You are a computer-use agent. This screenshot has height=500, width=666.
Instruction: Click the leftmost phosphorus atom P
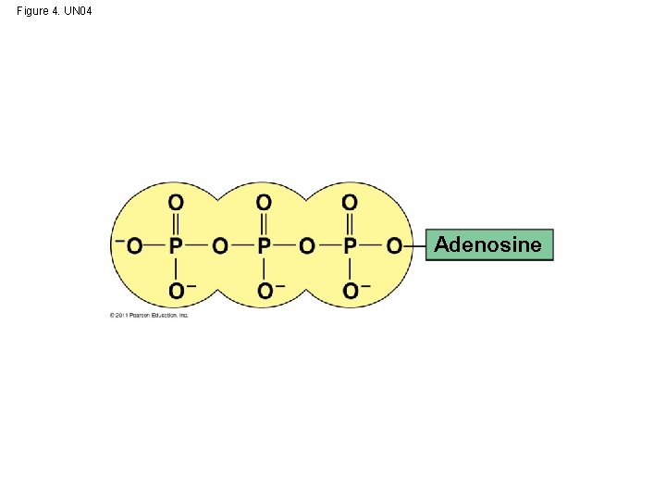coord(176,245)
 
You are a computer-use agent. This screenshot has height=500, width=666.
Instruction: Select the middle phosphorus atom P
coord(263,245)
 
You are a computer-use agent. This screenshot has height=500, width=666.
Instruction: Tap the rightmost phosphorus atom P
coord(350,245)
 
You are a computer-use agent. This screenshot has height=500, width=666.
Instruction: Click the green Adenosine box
coord(488,245)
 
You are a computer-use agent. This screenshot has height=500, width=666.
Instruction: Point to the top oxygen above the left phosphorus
coord(176,202)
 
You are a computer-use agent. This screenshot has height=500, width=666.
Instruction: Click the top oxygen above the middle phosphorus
coord(263,202)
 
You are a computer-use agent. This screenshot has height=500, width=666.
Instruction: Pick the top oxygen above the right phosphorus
coord(350,202)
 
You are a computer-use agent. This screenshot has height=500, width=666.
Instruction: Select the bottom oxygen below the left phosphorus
coord(176,291)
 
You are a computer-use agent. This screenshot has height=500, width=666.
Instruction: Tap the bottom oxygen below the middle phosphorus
coord(264,291)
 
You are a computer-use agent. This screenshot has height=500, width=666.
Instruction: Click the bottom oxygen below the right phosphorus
coord(351,291)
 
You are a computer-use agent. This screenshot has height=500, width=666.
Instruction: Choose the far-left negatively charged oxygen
coord(134,245)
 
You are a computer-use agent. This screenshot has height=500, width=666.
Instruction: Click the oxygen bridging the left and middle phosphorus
coord(219,245)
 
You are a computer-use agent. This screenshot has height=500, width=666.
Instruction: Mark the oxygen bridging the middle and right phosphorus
coord(306,245)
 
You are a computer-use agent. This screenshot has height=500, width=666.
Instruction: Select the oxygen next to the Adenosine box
coord(393,245)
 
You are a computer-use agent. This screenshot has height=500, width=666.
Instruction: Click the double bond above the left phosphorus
coord(176,223)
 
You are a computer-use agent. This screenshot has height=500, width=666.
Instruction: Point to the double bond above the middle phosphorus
coord(263,223)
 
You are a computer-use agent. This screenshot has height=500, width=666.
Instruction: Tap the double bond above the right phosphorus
coord(350,223)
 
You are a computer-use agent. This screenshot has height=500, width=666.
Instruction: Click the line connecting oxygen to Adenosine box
coord(414,245)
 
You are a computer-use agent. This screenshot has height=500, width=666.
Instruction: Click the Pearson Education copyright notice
coord(149,315)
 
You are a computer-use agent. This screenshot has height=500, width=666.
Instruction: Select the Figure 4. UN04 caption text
coord(55,11)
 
